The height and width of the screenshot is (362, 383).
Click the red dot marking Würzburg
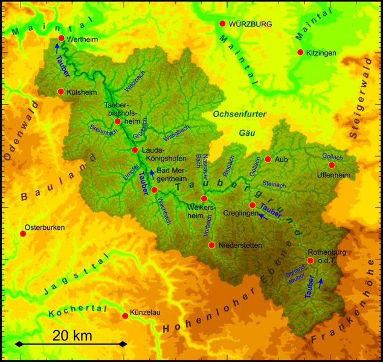click(222, 24)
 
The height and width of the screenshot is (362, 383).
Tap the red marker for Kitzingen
click(300, 52)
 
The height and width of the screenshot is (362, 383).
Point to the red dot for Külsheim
click(61, 92)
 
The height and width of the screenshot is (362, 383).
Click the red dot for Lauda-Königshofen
click(135, 150)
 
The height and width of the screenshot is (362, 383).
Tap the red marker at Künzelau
click(126, 315)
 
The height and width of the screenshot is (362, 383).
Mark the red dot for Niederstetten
click(211, 245)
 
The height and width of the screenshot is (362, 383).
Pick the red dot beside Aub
click(268, 159)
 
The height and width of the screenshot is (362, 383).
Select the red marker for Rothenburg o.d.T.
click(310, 261)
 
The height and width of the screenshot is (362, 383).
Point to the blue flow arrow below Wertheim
click(57, 46)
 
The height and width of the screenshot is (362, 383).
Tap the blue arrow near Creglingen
click(261, 218)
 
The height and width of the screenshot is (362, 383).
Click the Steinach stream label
click(274, 184)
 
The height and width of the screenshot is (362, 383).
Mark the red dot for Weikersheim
click(204, 198)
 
